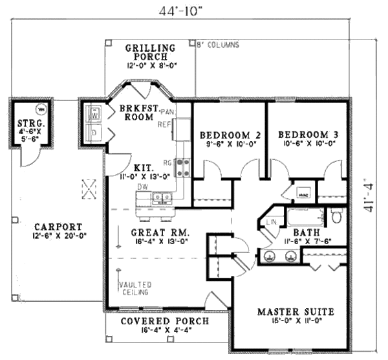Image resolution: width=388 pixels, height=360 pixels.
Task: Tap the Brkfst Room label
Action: tap(136, 113)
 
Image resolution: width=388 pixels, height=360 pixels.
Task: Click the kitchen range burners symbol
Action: tap(183, 167)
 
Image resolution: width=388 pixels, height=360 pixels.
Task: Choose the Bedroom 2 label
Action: tap(230, 135)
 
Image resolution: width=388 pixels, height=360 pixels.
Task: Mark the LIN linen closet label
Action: tap(271, 223)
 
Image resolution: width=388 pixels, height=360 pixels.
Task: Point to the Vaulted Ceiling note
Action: tap(135, 288)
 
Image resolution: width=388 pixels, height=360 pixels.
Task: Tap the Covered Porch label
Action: tap(166, 321)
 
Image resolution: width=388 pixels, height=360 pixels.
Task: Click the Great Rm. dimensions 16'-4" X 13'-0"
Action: tap(159, 242)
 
